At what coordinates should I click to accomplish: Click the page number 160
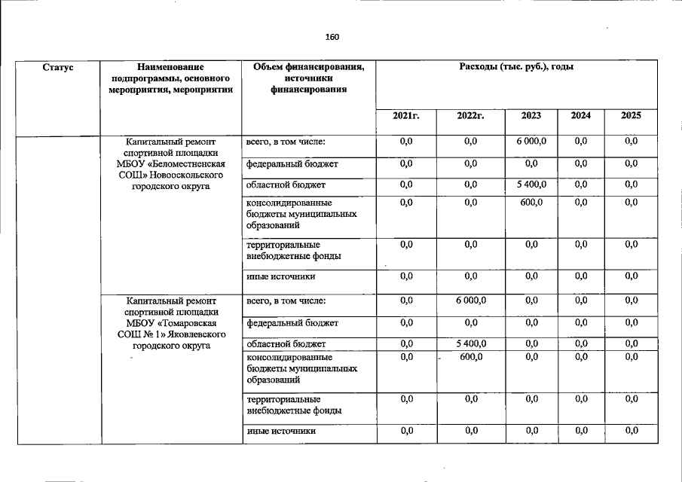[332, 37]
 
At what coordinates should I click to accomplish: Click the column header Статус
[58, 68]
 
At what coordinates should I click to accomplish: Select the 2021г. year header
[405, 116]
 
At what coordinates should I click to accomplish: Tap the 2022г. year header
[470, 116]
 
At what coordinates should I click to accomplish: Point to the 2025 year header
[631, 116]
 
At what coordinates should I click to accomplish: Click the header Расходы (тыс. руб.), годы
[516, 68]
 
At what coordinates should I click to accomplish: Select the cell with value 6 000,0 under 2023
[531, 142]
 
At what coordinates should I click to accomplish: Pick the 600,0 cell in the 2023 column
[531, 203]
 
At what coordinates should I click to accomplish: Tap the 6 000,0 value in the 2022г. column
[470, 301]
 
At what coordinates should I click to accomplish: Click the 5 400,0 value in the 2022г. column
[470, 344]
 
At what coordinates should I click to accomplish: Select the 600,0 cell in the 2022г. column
[470, 358]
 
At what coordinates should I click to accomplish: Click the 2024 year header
[580, 116]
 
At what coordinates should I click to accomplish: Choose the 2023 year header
[531, 116]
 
